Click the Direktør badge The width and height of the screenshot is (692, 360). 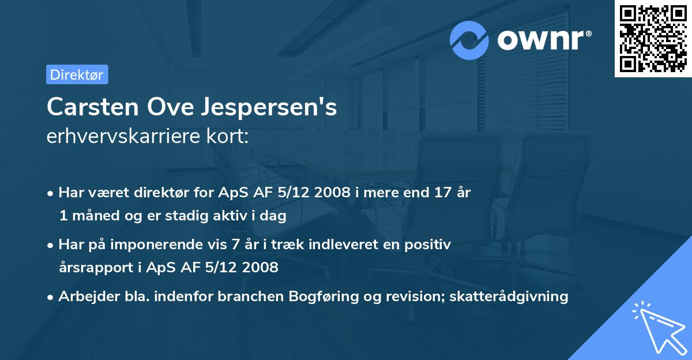pyautogui.click(x=77, y=74)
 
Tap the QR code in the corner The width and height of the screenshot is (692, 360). pyautogui.click(x=653, y=39)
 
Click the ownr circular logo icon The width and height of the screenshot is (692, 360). pyautogui.click(x=469, y=40)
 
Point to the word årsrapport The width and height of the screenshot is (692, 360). pyautogui.click(x=93, y=267)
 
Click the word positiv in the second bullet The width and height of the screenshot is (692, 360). pyautogui.click(x=430, y=245)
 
